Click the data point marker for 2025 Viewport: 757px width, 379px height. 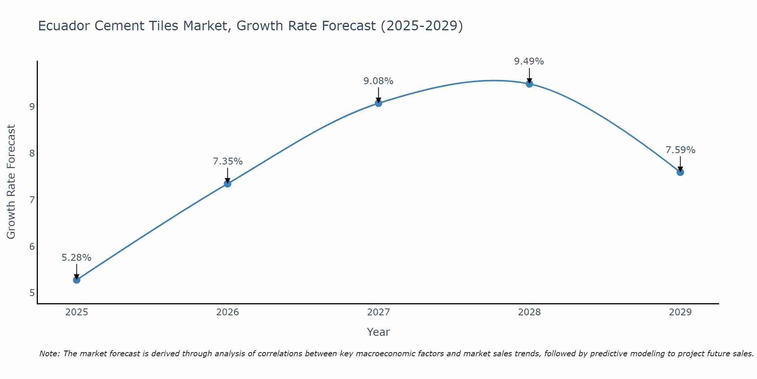[x=76, y=280]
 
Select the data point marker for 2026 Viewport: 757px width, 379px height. [x=227, y=184]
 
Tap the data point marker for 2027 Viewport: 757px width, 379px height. [x=378, y=103]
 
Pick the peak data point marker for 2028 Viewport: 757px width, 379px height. [x=529, y=84]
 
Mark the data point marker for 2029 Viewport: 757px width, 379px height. [x=680, y=172]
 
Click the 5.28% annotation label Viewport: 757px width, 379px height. [x=76, y=258]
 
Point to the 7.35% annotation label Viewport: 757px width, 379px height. [x=227, y=161]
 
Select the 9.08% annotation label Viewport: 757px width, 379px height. [x=378, y=81]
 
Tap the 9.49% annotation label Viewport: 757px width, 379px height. [x=529, y=61]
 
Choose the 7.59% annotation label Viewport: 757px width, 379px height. [x=680, y=150]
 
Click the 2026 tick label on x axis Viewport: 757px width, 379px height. [x=227, y=312]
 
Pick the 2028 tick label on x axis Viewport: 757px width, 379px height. [x=529, y=312]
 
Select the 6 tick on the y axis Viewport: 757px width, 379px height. [x=32, y=247]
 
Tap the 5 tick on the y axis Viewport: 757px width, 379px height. [x=32, y=293]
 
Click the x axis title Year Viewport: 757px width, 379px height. [x=378, y=332]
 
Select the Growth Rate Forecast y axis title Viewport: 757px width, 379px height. [x=11, y=182]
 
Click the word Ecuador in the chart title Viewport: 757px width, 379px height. [x=64, y=26]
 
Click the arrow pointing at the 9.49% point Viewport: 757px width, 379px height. [x=529, y=75]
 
